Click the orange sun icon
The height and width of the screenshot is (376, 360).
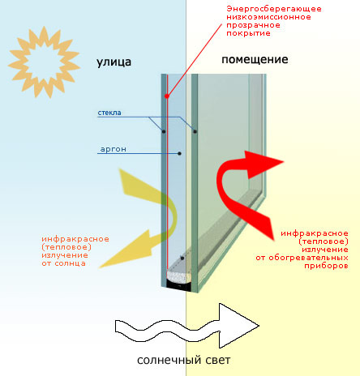[44, 62]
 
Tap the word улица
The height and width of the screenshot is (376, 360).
[114, 62]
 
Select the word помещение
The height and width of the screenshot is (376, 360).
[255, 59]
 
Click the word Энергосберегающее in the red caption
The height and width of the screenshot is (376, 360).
[274, 9]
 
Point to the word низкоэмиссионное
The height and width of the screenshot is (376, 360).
[268, 17]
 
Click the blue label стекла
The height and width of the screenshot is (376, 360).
[109, 113]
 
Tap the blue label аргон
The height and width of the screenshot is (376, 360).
[114, 149]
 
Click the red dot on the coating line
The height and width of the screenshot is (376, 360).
[167, 96]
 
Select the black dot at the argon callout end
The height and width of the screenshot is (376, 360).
[179, 153]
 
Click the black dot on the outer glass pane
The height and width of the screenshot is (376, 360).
[164, 131]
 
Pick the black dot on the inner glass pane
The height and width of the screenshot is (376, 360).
[195, 131]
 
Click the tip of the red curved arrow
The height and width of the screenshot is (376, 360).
[284, 162]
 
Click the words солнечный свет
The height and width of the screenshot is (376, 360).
[184, 360]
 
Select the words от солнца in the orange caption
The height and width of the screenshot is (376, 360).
[63, 263]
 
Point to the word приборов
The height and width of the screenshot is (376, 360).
[326, 266]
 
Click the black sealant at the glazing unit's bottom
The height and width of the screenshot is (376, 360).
[178, 285]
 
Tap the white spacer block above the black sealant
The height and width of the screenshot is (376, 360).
[178, 276]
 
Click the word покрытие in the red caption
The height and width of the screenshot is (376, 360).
[248, 33]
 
